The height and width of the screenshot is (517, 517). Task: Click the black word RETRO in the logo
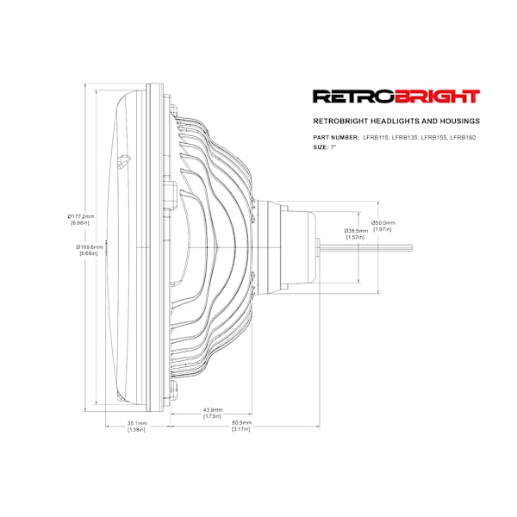[x=354, y=97]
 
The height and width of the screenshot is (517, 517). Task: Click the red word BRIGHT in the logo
[x=437, y=97]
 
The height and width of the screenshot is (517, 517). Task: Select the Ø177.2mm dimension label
[x=81, y=216]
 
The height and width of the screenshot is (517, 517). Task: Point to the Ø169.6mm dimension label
[x=90, y=247]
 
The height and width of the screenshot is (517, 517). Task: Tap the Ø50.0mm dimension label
[x=383, y=223]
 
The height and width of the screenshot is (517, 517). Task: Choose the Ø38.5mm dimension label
[x=356, y=231]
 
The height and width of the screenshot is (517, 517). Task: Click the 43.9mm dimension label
[x=213, y=410]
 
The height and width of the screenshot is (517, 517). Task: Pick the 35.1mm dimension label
[x=137, y=423]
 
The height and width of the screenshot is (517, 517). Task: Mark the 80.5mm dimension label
[x=241, y=423]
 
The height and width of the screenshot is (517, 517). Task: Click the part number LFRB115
[x=375, y=138]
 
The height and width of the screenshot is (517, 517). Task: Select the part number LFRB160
[x=463, y=138]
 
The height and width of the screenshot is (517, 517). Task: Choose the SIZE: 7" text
[x=325, y=147]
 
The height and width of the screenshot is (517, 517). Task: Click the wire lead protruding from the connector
[x=366, y=247]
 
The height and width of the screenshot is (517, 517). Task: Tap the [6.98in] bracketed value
[x=80, y=223]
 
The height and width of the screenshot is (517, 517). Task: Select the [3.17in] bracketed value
[x=241, y=429]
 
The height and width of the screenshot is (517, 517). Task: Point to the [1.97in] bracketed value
[x=383, y=229]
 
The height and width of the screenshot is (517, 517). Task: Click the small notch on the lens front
[x=123, y=162]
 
